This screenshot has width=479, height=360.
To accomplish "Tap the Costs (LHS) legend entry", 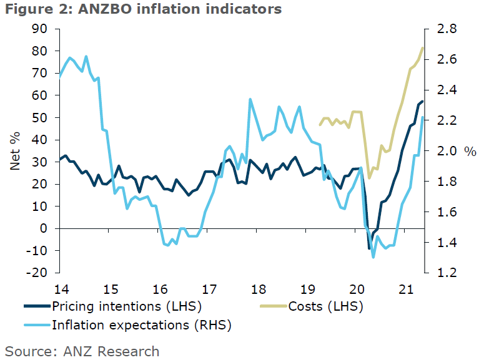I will [325, 306].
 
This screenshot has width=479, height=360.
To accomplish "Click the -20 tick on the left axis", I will [37, 273].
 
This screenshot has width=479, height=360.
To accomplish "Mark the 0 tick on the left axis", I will [44, 228].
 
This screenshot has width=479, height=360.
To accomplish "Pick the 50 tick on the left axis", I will [40, 117].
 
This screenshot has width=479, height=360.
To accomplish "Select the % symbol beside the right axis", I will [470, 152].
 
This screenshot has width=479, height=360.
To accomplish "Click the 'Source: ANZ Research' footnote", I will [82, 351].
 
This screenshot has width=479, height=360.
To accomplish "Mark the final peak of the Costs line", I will [423, 48].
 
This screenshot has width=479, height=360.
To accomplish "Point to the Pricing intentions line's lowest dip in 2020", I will [369, 249].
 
